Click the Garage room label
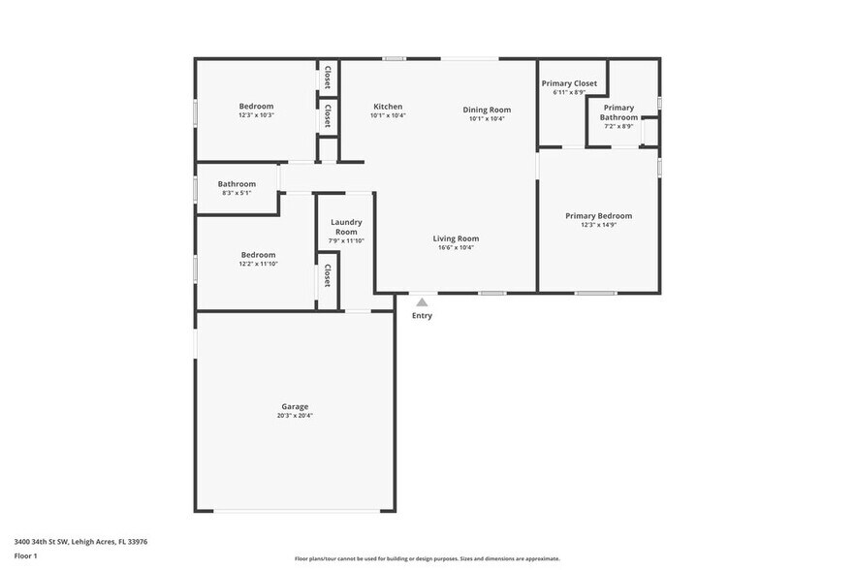295,406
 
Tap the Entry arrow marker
422,302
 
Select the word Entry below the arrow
422,315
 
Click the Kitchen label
388,107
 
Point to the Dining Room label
486,110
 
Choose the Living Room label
456,238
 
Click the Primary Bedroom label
598,216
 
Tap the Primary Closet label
569,83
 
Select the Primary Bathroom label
618,112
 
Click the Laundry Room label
346,227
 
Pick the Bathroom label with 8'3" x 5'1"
237,184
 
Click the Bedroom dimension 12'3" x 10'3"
257,115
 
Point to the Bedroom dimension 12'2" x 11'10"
258,264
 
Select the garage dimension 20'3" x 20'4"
295,415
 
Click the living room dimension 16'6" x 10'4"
456,247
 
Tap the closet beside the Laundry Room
328,275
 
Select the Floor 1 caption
25,555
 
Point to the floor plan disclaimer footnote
427,558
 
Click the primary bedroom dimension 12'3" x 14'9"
598,225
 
